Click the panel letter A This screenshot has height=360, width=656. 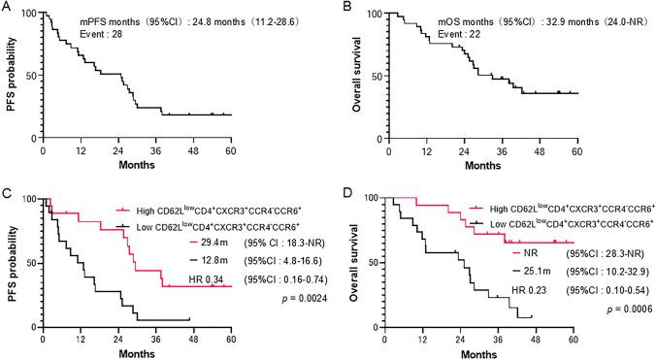7,9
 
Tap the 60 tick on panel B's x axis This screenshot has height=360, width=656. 576,153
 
